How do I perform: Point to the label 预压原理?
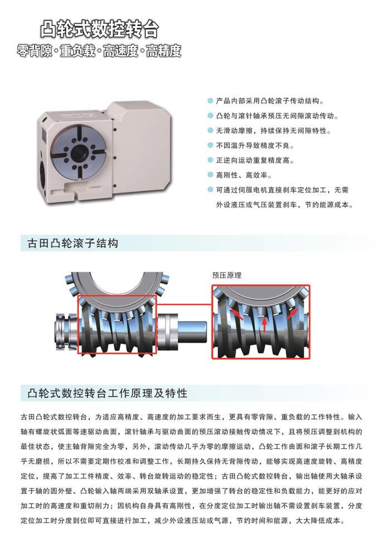coord(227,275)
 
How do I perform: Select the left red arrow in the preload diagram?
coord(237,315)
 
